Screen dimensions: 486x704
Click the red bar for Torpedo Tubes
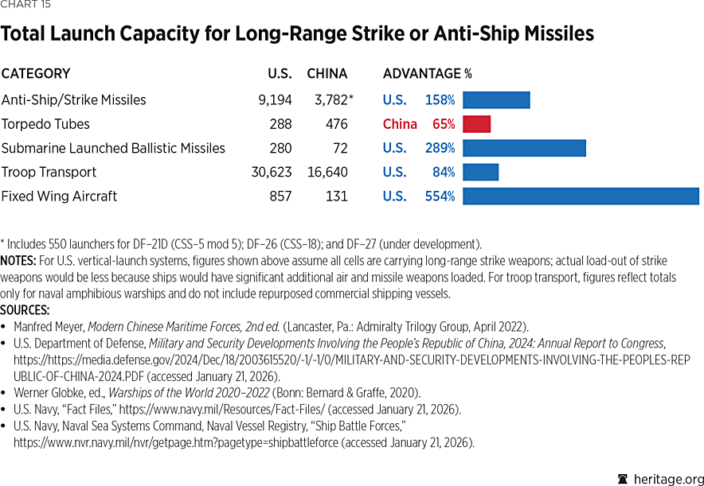point(476,124)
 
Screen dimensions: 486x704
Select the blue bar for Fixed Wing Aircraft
point(581,196)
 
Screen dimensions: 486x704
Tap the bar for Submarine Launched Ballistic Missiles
point(524,148)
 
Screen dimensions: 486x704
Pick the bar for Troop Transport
point(480,172)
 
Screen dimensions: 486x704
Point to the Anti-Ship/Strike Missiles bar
point(496,100)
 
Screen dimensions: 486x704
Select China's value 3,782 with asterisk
point(330,100)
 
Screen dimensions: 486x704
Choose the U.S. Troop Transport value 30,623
point(271,172)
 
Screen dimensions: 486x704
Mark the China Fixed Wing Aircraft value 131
point(336,196)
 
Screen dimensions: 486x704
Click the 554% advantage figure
point(440,196)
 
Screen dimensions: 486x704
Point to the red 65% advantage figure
point(444,124)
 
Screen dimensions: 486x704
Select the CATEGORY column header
point(36,74)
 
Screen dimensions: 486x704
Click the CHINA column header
point(327,74)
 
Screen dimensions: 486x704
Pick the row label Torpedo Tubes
point(45,124)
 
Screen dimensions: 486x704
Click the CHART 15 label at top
point(26,6)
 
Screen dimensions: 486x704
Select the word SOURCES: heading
point(25,310)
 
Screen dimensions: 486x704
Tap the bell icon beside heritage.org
point(623,478)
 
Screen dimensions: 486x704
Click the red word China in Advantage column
point(400,124)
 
